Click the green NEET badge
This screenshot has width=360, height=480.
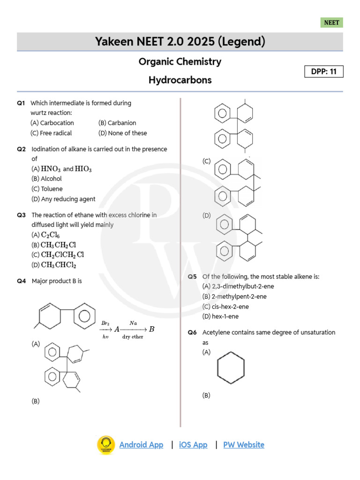pos(332,22)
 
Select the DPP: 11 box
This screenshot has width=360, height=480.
pos(323,72)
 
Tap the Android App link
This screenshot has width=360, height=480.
pos(141,445)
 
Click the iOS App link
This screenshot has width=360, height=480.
pos(193,445)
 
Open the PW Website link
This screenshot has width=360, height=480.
pos(243,445)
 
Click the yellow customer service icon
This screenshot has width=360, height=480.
pos(106,445)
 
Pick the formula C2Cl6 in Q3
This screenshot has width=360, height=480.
pos(50,235)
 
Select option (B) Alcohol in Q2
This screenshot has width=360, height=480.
pos(46,179)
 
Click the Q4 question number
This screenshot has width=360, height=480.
pos(22,281)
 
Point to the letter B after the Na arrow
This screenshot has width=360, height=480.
pos(151,329)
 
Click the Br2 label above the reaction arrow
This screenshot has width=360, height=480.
pos(105,323)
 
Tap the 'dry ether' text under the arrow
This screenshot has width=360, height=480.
pos(133,337)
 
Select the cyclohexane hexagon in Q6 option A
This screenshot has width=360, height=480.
pos(231,371)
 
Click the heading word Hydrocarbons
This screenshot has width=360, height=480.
pos(180,80)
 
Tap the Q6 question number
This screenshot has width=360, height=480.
pos(192,332)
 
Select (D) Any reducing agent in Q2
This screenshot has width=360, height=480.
pos(63,199)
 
